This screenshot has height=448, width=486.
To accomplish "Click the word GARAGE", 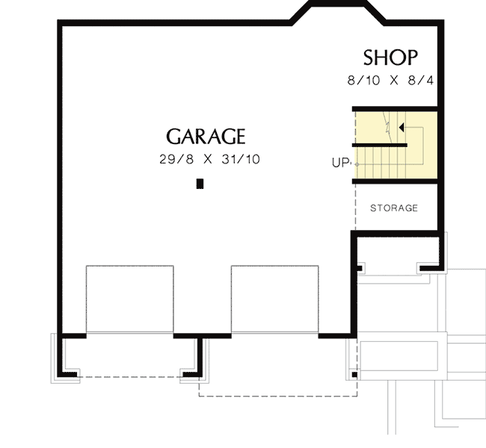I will [206, 137].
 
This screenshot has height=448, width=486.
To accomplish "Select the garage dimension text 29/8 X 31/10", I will [209, 160].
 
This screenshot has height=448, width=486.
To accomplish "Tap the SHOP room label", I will [390, 57].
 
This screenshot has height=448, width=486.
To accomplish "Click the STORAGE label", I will [393, 208].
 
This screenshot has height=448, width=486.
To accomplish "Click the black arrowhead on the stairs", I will [402, 128].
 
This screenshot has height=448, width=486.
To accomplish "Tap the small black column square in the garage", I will [200, 184].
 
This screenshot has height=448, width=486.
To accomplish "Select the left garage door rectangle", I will [130, 299].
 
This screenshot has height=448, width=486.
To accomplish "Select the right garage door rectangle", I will [274, 299].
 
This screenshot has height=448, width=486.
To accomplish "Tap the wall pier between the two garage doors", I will [203, 337].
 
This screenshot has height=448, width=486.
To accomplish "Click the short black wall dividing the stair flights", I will [380, 145].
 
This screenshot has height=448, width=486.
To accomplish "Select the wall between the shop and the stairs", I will [394, 108].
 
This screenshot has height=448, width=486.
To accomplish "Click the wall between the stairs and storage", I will [394, 181].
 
